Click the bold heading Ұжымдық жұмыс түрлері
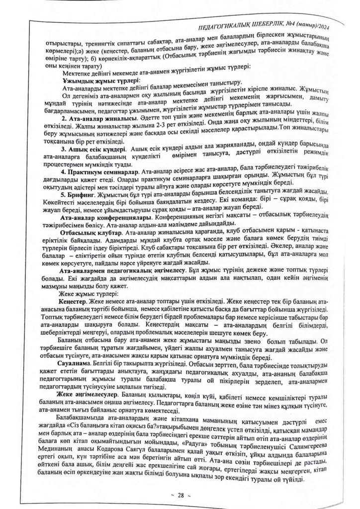pyautogui.click(x=101, y=81)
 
